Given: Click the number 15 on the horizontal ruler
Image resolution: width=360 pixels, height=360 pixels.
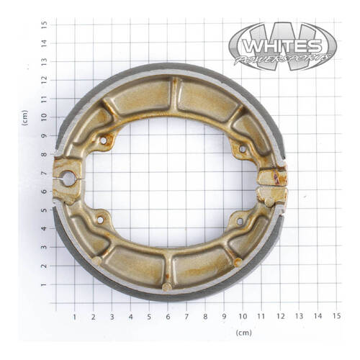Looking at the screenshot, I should pyautogui.click(x=336, y=315).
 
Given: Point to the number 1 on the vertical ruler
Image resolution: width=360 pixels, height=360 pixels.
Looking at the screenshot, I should pyautogui.click(x=45, y=285).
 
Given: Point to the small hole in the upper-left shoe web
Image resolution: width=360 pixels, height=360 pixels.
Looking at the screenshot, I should pyautogui.click(x=103, y=140).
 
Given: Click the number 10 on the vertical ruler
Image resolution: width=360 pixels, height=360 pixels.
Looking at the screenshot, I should pyautogui.click(x=45, y=117).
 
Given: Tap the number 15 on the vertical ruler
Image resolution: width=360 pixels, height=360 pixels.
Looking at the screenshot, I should pyautogui.click(x=45, y=24).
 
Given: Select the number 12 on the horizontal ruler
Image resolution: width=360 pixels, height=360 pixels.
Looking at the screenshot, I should pyautogui.click(x=280, y=315).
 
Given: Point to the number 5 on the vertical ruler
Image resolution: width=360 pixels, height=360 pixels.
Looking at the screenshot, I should pyautogui.click(x=45, y=210).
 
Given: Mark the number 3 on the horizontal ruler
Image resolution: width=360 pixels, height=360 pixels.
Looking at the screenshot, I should pyautogui.click(x=112, y=315).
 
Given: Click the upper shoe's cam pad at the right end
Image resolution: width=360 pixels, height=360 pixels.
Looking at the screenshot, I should pyautogui.click(x=272, y=174).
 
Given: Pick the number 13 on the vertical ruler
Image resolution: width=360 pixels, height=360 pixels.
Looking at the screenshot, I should pyautogui.click(x=45, y=61).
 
